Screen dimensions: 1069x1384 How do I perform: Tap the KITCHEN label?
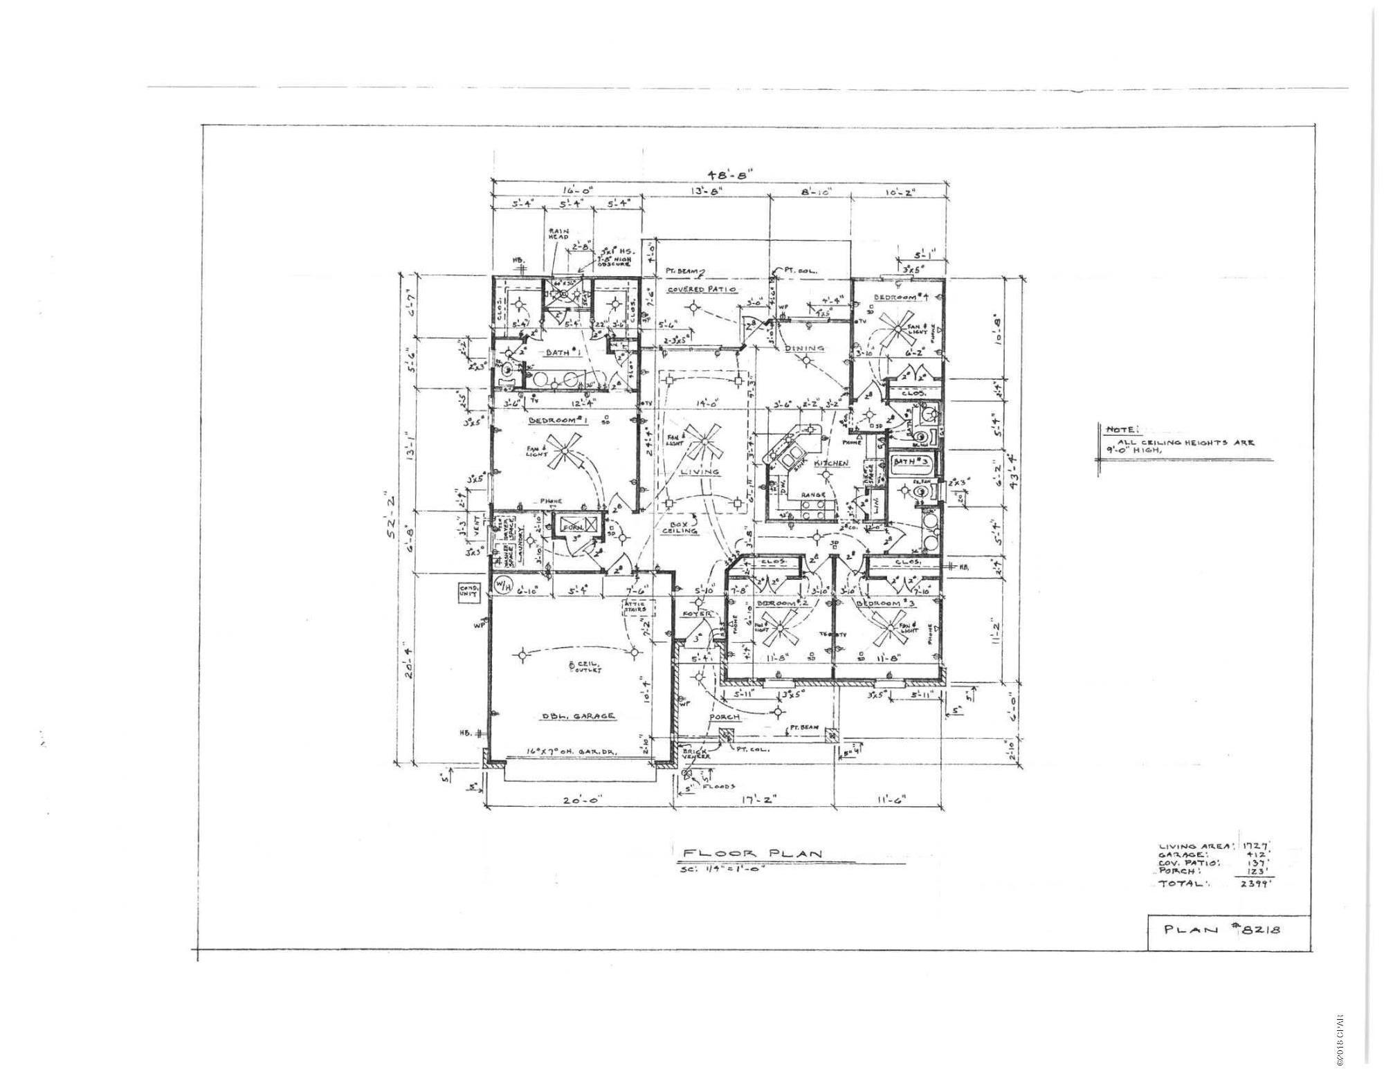(x=831, y=463)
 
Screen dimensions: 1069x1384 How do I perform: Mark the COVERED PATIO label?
(x=701, y=289)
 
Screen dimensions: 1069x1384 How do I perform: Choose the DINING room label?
(x=804, y=348)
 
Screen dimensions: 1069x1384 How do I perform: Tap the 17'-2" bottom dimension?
(x=752, y=801)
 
